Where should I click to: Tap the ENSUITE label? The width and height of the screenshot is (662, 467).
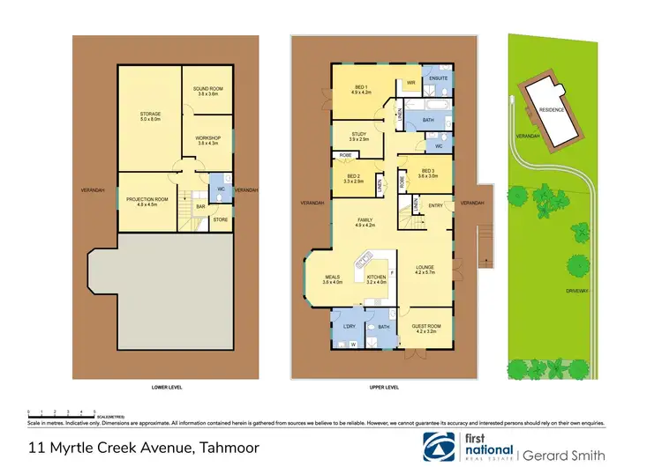pos(439,78)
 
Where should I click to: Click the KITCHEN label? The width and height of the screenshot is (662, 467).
pos(377,279)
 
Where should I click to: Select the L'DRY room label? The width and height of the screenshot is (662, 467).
pos(349,327)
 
